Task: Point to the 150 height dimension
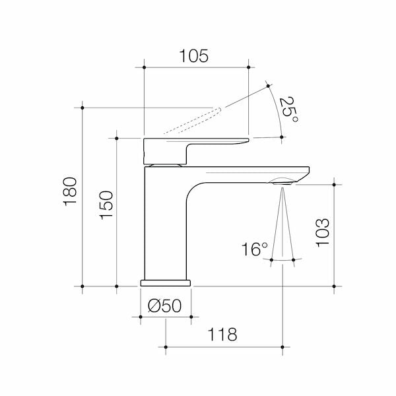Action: pos(106,205)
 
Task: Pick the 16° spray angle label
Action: pos(254,249)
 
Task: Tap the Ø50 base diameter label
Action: pos(165,306)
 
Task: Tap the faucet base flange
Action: pos(165,282)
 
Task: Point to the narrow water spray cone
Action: pos(282,224)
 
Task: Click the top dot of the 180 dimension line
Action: pos(82,107)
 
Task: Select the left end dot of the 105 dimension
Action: pos(143,67)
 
